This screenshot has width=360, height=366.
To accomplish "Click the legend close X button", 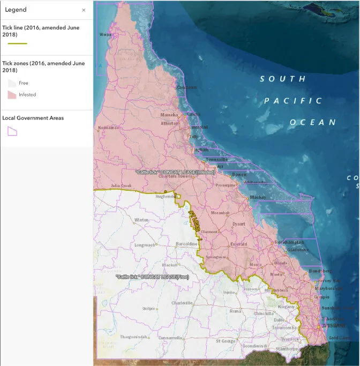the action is point(84,10).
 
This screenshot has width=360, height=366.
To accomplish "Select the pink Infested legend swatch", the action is point(11,95).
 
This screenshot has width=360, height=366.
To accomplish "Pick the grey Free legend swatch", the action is point(11,83).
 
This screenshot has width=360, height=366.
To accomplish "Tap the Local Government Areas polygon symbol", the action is point(12,131).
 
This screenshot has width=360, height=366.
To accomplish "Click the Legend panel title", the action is point(16,10).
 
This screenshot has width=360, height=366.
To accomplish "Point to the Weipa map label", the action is point(106,35).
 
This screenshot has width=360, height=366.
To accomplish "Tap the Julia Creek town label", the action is point(121,186).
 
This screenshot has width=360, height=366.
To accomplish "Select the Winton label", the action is point(142,220).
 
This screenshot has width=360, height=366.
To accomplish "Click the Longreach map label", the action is point(145,245).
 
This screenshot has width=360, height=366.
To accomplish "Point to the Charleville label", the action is point(182,303).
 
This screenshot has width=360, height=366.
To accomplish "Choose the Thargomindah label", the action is point(133,337).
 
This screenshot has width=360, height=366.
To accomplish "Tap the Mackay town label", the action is point(258,197).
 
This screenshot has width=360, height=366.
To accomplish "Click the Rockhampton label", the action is point(290,242).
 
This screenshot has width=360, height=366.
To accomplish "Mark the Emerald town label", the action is point(238,244).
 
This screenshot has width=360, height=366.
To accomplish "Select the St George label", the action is point(226,340).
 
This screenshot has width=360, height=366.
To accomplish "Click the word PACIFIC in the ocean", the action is point(293,101).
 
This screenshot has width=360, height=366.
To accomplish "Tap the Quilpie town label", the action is point(148,309).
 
